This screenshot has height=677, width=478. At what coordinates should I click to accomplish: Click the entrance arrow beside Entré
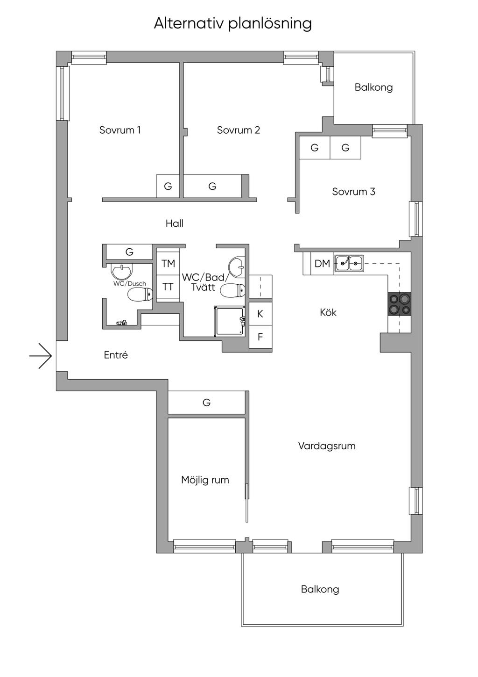[x=41, y=356]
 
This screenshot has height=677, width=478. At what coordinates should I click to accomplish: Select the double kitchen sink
[x=349, y=263]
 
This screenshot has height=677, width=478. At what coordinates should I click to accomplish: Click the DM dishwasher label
[x=322, y=264]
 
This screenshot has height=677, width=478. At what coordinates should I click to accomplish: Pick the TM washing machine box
[x=168, y=263]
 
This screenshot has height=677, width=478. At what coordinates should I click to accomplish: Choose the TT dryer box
[x=168, y=287]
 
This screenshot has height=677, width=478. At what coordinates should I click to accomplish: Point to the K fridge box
[x=260, y=314]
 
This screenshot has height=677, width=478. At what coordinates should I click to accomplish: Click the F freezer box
[x=260, y=336]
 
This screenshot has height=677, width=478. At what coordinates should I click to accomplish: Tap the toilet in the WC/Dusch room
[x=140, y=295]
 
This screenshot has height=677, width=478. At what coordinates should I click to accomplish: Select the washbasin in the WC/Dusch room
[x=122, y=271]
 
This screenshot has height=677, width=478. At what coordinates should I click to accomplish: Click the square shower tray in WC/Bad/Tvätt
[x=230, y=321]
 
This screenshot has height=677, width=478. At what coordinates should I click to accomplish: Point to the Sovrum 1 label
[x=120, y=130]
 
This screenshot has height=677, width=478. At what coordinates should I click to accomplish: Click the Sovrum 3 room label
[x=353, y=191]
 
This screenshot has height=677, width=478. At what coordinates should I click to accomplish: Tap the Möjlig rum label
[x=205, y=480]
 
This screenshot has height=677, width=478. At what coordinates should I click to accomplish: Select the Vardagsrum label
[x=327, y=446]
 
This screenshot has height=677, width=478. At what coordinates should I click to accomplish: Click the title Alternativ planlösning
[x=232, y=23]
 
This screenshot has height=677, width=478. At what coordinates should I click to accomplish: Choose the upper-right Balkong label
[x=373, y=87]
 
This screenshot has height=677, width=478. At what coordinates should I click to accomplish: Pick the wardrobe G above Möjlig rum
[x=206, y=402]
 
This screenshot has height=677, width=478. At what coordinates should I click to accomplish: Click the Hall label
[x=175, y=223]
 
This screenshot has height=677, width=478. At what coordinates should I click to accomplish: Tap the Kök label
[x=328, y=312]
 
